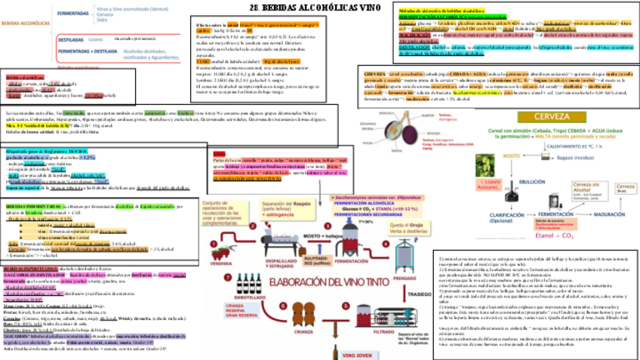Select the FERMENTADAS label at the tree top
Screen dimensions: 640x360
click(73, 13)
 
